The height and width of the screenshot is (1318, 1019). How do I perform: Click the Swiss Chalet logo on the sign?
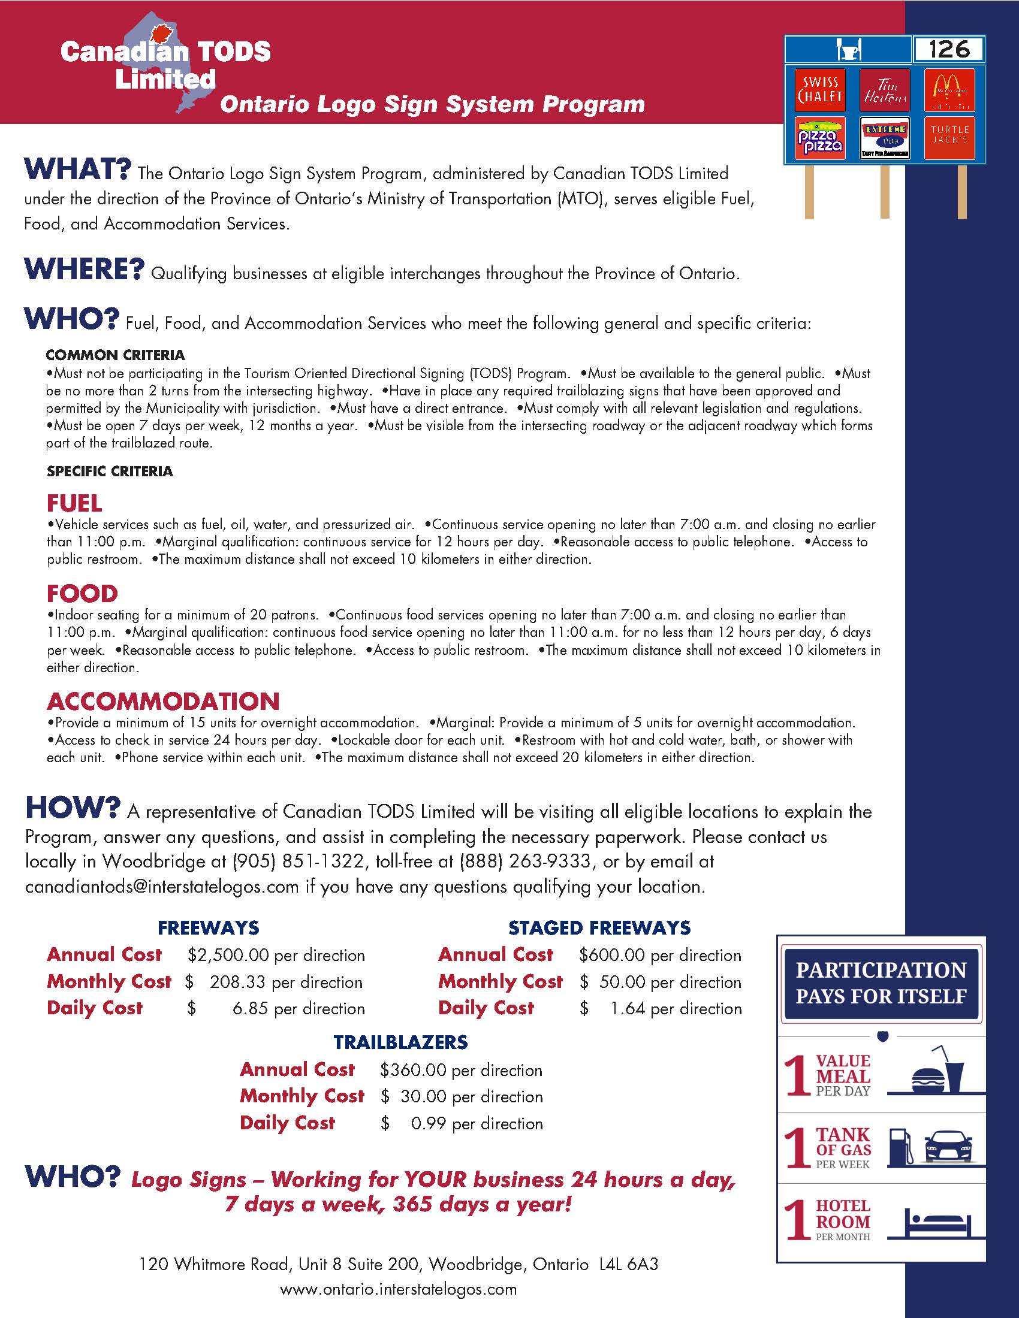(820, 90)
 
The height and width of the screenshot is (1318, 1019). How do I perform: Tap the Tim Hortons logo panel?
(884, 90)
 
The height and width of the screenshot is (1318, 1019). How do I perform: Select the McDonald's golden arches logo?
(949, 90)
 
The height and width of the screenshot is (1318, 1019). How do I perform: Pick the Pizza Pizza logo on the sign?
(820, 139)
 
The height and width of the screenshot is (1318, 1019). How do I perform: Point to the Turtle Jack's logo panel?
(949, 138)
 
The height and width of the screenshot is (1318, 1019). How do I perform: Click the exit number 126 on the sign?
(949, 50)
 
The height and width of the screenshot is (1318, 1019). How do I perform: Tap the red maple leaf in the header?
(160, 35)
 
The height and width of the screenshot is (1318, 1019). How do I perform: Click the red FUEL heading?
(75, 503)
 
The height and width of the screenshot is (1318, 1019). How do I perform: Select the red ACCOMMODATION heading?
(164, 702)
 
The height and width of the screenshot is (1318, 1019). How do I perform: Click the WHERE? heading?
(85, 269)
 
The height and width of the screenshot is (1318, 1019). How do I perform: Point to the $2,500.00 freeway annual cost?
(228, 955)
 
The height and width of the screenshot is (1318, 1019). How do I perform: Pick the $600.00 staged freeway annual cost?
(611, 955)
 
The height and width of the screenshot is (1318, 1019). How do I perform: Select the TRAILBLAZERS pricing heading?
(401, 1042)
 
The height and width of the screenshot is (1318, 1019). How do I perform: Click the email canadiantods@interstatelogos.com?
(162, 887)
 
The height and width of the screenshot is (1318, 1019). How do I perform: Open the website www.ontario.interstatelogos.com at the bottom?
(399, 1290)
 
